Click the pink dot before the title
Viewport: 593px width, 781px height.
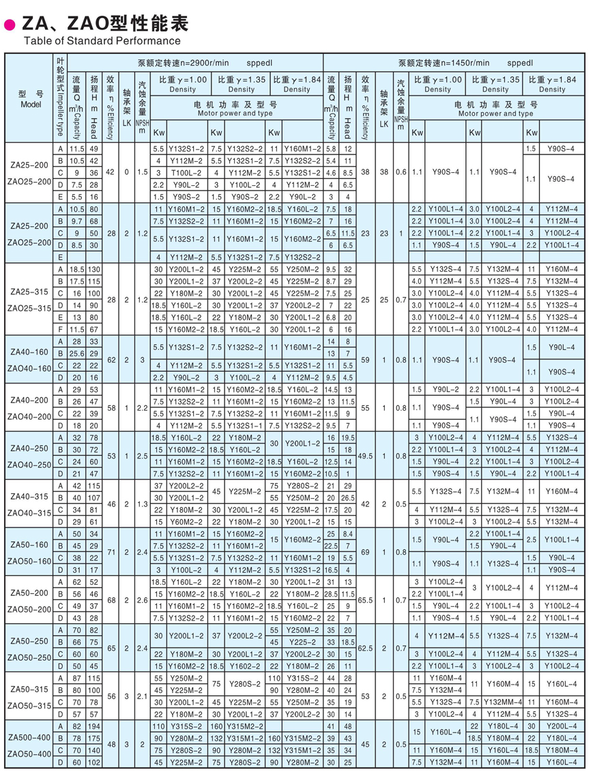(x=10, y=25)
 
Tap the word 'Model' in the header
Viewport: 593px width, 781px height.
(x=31, y=105)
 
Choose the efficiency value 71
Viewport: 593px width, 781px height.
(x=111, y=551)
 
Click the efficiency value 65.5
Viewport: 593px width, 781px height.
(x=365, y=599)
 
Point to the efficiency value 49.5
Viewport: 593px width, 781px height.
(x=365, y=455)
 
